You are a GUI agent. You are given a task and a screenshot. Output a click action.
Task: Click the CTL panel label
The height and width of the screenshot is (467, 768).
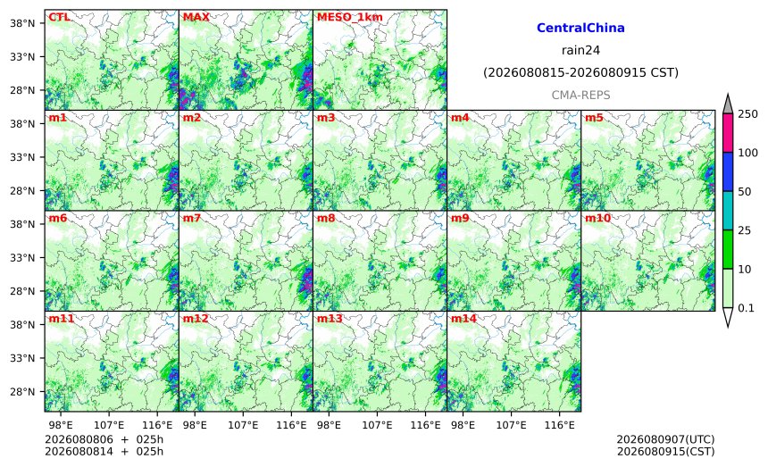point(59,17)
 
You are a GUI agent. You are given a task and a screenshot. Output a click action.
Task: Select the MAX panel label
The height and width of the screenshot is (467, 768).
point(196,17)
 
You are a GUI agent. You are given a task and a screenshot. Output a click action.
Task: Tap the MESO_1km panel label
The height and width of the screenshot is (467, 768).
point(350,18)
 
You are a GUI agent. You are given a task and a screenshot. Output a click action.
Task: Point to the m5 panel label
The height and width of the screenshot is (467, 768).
point(594,118)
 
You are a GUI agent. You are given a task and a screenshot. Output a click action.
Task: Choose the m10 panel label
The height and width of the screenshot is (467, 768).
point(597,219)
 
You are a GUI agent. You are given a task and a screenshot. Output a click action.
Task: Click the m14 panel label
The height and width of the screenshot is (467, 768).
point(463,319)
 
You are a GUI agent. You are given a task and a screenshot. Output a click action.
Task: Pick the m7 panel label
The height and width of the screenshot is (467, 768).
point(192,219)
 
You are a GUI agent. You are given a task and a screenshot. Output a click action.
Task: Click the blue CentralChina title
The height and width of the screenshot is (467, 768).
point(580,28)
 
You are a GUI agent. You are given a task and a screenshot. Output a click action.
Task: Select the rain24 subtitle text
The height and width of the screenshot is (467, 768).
point(580,50)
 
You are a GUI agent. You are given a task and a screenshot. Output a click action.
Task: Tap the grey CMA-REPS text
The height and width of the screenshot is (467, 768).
point(580,95)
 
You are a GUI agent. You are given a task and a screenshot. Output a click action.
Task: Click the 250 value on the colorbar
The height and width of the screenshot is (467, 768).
point(748,114)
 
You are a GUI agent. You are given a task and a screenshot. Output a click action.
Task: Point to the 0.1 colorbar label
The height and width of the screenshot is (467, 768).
point(746,308)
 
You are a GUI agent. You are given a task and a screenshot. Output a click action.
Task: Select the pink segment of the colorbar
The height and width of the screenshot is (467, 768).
point(728,133)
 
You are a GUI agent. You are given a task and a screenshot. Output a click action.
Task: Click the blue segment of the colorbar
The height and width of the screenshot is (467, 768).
point(728,171)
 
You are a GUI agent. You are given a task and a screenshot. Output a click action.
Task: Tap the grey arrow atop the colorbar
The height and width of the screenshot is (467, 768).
point(728,104)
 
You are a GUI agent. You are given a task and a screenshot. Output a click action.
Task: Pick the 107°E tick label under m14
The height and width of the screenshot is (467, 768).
point(513,425)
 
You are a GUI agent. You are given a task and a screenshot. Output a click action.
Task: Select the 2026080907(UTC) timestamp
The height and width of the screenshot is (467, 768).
point(665,439)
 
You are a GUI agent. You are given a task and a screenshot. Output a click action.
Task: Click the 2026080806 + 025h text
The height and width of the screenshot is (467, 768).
point(104,439)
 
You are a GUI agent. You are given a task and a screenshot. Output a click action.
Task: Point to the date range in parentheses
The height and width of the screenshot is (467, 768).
point(580,73)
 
